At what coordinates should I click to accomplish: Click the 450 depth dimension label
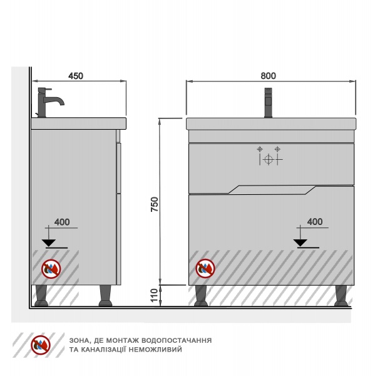coord(76,76)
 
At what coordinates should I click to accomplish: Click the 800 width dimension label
coord(268,76)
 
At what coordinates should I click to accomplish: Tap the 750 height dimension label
coord(155,204)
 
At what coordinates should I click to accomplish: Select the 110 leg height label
coord(155,295)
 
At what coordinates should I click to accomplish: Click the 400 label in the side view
coord(62,222)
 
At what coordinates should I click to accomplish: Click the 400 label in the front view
coord(315,222)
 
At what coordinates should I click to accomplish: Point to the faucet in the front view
coord(268,103)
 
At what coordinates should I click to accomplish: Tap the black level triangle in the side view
coord(49,243)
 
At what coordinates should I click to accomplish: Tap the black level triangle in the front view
coord(301,243)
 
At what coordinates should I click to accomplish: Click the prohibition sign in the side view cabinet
coord(51,269)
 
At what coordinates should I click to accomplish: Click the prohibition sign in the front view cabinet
coord(205,268)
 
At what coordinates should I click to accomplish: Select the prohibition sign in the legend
coord(41,345)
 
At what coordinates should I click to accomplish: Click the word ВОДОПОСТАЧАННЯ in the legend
coord(177,340)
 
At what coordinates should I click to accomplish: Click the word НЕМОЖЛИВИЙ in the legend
coord(155,350)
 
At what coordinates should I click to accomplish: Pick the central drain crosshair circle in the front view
coord(268,159)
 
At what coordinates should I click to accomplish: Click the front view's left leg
coord(201,296)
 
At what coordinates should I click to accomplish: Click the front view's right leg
coord(341,296)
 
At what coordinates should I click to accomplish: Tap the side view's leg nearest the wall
coord(41,296)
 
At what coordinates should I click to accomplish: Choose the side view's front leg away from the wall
coord(105,296)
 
